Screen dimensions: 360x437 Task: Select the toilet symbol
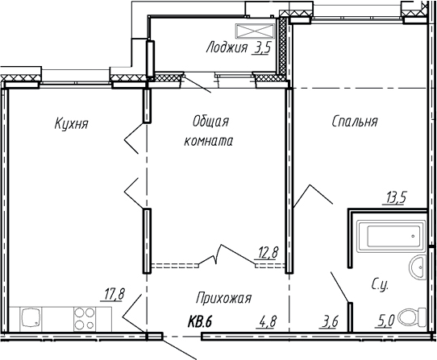pyautogui.click(x=416, y=316)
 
